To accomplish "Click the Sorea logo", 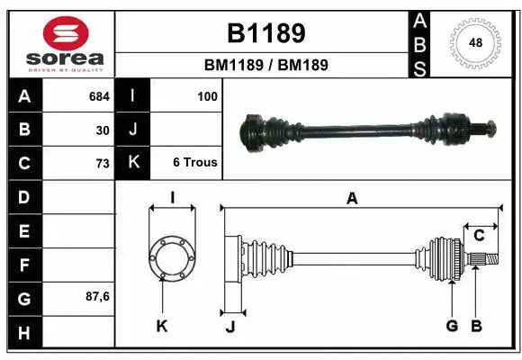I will point(61,43).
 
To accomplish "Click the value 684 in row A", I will point(99,95).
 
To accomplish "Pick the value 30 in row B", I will point(103,130).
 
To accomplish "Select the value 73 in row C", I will point(102,164).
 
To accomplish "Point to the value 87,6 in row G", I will point(97,296).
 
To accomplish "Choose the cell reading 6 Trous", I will point(195,163).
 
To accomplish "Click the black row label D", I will point(24,197).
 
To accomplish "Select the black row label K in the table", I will point(132,163).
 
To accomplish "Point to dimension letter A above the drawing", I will point(352,199).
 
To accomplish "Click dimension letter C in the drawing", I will point(479,236).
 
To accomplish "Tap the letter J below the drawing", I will point(229,327).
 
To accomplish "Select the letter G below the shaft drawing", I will point(452,326).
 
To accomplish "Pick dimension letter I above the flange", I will point(172,198).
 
